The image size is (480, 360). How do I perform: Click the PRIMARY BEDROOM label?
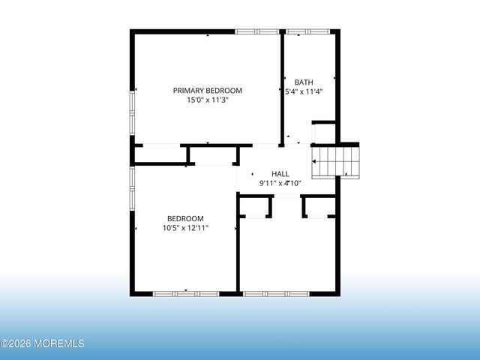(x=208, y=91)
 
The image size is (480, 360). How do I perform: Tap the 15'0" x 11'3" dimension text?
(x=208, y=100)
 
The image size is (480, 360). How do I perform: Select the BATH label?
(x=304, y=82)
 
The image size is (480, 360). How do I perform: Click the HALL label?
(x=280, y=173)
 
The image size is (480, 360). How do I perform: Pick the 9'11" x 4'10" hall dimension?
(x=280, y=182)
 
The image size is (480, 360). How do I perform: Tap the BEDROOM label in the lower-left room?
(x=185, y=218)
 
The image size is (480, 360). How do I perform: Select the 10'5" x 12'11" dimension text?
(x=185, y=227)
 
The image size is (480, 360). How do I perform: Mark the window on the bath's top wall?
(x=307, y=31)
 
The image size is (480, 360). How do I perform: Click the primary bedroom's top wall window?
(x=256, y=31)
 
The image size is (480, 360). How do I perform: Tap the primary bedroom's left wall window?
(x=133, y=112)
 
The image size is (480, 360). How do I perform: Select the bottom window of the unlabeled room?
(x=274, y=293)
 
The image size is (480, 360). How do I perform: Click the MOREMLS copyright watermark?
(x=43, y=343)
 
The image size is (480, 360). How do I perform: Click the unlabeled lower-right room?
(x=287, y=255)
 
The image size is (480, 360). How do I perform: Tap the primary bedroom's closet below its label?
(x=160, y=154)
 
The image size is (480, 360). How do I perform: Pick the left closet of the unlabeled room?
(x=255, y=207)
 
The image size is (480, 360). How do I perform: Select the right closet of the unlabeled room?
(x=319, y=207)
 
